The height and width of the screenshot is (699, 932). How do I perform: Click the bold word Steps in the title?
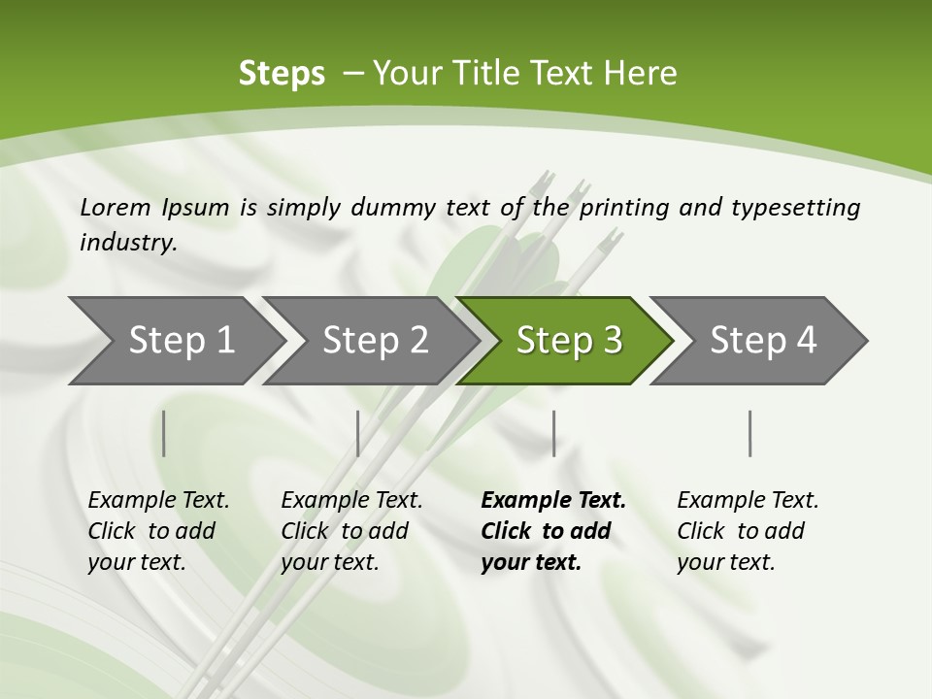(282, 74)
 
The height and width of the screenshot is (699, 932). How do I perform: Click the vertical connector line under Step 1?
(164, 433)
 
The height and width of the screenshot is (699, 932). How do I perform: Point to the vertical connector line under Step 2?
(358, 433)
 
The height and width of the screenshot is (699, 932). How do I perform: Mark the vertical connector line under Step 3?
(553, 433)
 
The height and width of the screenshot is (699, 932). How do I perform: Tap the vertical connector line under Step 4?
(750, 433)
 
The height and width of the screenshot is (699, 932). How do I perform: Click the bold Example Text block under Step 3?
(553, 531)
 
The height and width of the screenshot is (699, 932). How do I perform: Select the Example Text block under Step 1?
(159, 531)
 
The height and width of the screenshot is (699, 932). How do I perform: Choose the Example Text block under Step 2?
(352, 531)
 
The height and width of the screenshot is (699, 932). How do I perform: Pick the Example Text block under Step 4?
(748, 531)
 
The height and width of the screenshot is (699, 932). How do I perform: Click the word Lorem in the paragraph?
(116, 207)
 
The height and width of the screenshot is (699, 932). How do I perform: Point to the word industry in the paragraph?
(128, 243)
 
